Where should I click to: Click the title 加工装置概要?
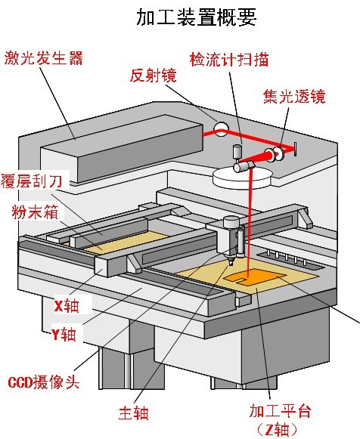[x=197, y=17]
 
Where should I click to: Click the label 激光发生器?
[x=43, y=58]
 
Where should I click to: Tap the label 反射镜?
[x=154, y=75]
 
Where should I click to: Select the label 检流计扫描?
[x=229, y=60]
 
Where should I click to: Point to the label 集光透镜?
[x=294, y=96]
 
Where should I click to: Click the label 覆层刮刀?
[x=31, y=181]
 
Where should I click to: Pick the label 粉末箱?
[x=36, y=212]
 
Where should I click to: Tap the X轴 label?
[x=67, y=306]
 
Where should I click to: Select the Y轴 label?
[x=64, y=334]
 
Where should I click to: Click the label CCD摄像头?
[x=44, y=382]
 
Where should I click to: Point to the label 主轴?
[x=133, y=413]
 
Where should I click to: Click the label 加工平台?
[x=280, y=411]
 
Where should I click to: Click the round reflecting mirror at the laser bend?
[x=220, y=129]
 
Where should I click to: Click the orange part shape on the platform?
[x=252, y=278]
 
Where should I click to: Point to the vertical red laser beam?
[x=249, y=224]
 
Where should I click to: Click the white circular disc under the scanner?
[x=242, y=178]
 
